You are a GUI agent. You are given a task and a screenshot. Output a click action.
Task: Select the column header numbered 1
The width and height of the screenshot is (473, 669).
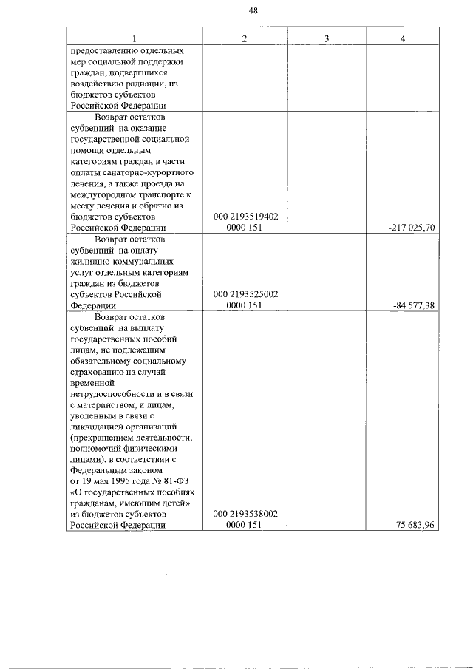pyautogui.click(x=134, y=38)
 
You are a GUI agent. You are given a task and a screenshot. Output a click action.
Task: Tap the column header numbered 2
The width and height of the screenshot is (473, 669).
pyautogui.click(x=245, y=38)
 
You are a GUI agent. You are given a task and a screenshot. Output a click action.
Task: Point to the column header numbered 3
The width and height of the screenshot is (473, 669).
pyautogui.click(x=326, y=38)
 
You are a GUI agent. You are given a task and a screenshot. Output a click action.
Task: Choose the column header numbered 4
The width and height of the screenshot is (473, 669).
pyautogui.click(x=401, y=38)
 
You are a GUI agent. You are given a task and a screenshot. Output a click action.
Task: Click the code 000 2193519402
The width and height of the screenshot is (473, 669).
pyautogui.click(x=245, y=217)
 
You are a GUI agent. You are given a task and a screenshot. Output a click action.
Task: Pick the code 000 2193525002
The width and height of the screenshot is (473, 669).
pyautogui.click(x=245, y=293)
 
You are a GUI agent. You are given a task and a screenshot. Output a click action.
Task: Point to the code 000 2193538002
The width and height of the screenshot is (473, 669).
pyautogui.click(x=245, y=514)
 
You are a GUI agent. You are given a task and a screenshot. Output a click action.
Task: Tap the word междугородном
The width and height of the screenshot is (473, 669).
pyautogui.click(x=103, y=195)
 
